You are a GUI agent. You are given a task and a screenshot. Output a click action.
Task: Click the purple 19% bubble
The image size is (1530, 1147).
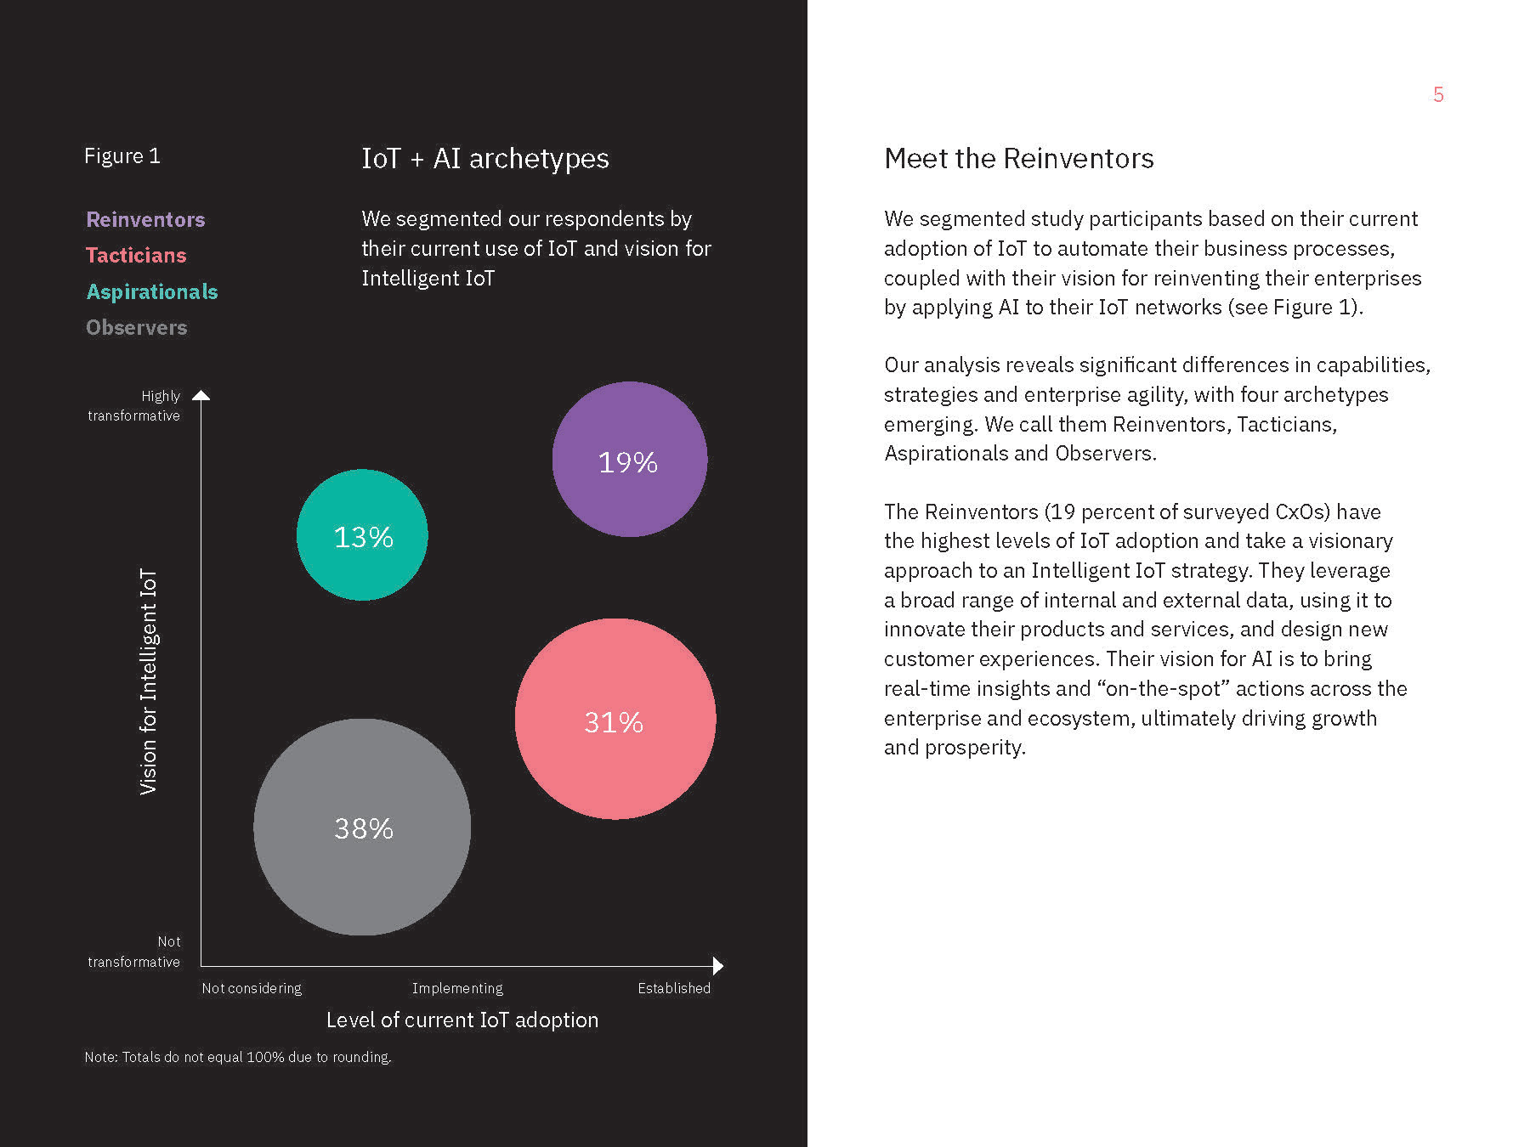pyautogui.click(x=629, y=459)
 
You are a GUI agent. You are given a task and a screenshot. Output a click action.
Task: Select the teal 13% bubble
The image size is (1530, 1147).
pyautogui.click(x=362, y=535)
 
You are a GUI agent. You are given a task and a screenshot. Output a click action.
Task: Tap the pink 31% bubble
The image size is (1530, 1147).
pyautogui.click(x=615, y=719)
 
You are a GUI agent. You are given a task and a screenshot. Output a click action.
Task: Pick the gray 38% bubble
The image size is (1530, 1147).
pyautogui.click(x=362, y=827)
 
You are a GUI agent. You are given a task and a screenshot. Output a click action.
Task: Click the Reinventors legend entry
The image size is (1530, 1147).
pyautogui.click(x=145, y=219)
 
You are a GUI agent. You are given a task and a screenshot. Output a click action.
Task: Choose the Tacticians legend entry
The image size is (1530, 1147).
pyautogui.click(x=136, y=256)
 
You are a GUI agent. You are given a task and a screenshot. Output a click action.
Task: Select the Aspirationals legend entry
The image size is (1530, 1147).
pyautogui.click(x=152, y=291)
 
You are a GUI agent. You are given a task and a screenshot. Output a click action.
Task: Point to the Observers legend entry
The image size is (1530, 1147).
pyautogui.click(x=137, y=327)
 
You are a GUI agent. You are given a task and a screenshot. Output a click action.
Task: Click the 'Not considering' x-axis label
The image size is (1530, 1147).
pyautogui.click(x=252, y=988)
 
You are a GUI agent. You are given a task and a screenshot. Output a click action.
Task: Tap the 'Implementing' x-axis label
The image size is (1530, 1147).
pyautogui.click(x=457, y=988)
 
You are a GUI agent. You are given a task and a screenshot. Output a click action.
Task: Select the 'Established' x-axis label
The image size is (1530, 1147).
pyautogui.click(x=674, y=988)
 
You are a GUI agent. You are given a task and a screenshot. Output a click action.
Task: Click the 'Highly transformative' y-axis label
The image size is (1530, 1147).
pyautogui.click(x=134, y=405)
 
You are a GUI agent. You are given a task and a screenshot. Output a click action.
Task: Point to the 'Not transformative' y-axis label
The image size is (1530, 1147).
pyautogui.click(x=134, y=952)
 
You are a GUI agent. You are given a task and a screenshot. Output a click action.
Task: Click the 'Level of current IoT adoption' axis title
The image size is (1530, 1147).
pyautogui.click(x=462, y=1020)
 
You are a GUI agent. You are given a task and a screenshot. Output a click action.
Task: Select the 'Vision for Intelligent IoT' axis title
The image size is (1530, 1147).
pyautogui.click(x=149, y=681)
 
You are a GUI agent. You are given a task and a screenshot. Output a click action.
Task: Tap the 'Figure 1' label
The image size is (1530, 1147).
pyautogui.click(x=122, y=156)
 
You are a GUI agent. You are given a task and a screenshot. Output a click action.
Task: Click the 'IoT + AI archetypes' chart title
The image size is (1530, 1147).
pyautogui.click(x=484, y=159)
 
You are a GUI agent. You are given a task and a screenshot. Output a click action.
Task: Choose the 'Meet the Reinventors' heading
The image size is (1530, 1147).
pyautogui.click(x=1018, y=159)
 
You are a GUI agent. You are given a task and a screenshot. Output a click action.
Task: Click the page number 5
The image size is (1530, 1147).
pyautogui.click(x=1438, y=94)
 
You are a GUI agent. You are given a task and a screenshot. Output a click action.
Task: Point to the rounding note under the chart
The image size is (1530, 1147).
pyautogui.click(x=238, y=1057)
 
